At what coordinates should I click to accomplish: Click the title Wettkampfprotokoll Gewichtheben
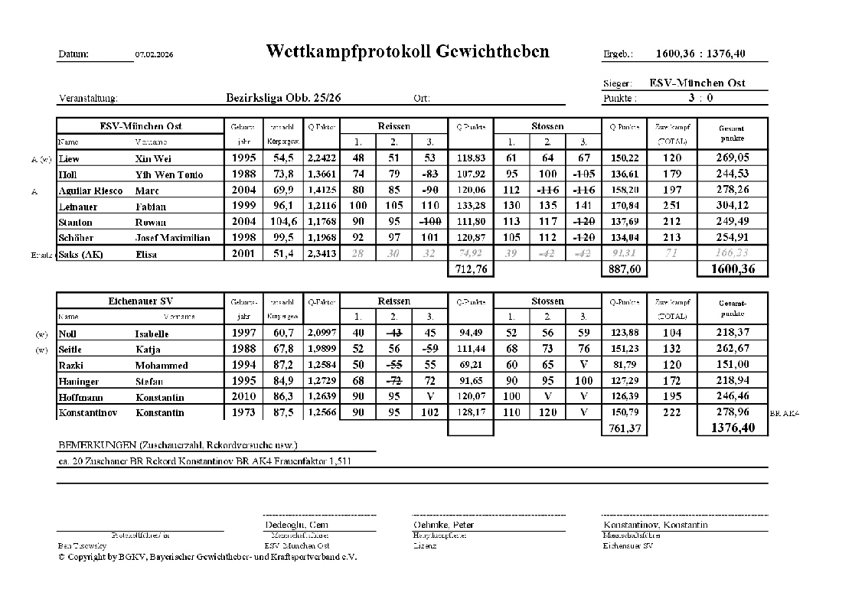click(407, 51)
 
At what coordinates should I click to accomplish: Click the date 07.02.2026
click(154, 55)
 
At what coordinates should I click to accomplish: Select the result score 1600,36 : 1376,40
click(700, 54)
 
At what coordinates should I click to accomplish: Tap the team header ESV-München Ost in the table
click(141, 126)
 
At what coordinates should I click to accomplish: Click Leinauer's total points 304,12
click(732, 206)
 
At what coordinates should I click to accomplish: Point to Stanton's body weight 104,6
click(281, 222)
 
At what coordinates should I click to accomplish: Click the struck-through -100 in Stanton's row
click(429, 222)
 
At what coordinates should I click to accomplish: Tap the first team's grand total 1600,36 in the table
click(732, 269)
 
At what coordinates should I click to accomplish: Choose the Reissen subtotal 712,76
click(470, 269)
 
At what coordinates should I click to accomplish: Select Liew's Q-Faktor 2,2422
click(321, 158)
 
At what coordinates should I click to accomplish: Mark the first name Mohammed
click(162, 366)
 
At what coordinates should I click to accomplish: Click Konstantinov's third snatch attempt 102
click(429, 413)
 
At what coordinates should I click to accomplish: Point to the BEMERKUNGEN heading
click(178, 445)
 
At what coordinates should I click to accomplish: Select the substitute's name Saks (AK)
click(81, 255)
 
